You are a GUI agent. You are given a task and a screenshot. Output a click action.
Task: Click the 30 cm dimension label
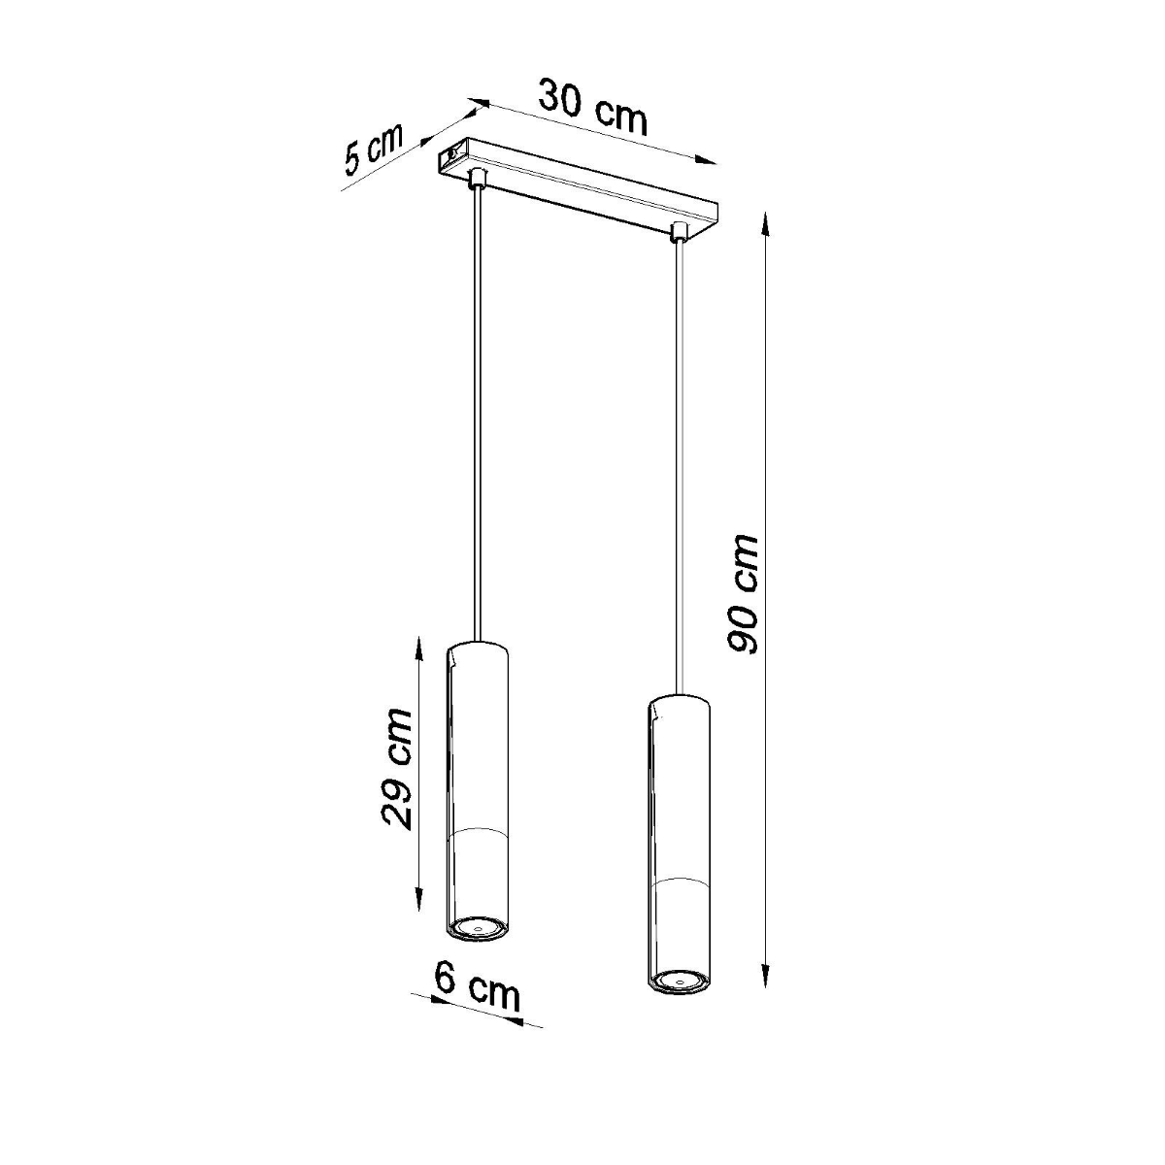click(x=593, y=106)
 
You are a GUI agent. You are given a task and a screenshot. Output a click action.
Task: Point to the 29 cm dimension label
click(x=396, y=768)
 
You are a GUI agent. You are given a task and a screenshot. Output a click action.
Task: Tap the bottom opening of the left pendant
click(x=476, y=928)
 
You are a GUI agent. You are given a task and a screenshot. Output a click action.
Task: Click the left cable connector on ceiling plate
click(x=476, y=179)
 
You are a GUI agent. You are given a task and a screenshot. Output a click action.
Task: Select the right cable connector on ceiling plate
click(x=679, y=232)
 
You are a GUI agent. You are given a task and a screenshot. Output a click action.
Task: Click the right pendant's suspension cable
click(x=679, y=456)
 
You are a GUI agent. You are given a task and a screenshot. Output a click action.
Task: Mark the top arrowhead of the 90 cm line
click(x=767, y=219)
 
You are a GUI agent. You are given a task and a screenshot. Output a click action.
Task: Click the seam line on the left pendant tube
click(x=476, y=831)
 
